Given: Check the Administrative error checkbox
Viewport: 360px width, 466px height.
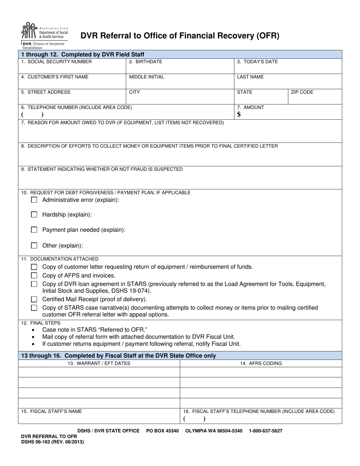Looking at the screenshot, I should [x=34, y=200].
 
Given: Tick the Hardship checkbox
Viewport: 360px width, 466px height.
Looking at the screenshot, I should [x=34, y=214].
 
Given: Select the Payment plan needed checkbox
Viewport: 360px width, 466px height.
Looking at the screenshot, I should [x=34, y=230].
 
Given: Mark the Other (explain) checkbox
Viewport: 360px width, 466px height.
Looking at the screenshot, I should [x=34, y=246].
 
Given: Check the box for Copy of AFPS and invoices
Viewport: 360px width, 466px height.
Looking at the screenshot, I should [x=34, y=275].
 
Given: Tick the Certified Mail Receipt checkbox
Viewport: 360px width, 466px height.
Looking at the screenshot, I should [x=34, y=299].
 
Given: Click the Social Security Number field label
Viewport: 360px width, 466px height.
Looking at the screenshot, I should [x=56, y=62].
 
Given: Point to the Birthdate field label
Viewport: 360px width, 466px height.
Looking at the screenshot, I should [x=146, y=62].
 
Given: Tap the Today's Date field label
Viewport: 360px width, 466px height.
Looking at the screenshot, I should [x=257, y=62].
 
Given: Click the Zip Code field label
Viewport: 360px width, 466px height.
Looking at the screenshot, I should [x=302, y=92].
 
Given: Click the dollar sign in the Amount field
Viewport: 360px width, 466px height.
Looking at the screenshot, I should [x=239, y=114].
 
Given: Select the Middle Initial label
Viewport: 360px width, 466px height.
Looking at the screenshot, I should [x=147, y=77].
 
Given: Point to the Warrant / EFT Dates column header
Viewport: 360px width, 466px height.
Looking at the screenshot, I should [x=99, y=363].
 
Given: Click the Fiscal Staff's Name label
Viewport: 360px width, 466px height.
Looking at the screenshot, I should [x=52, y=411].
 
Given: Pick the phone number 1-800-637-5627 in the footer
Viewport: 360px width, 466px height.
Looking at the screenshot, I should [x=266, y=431].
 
